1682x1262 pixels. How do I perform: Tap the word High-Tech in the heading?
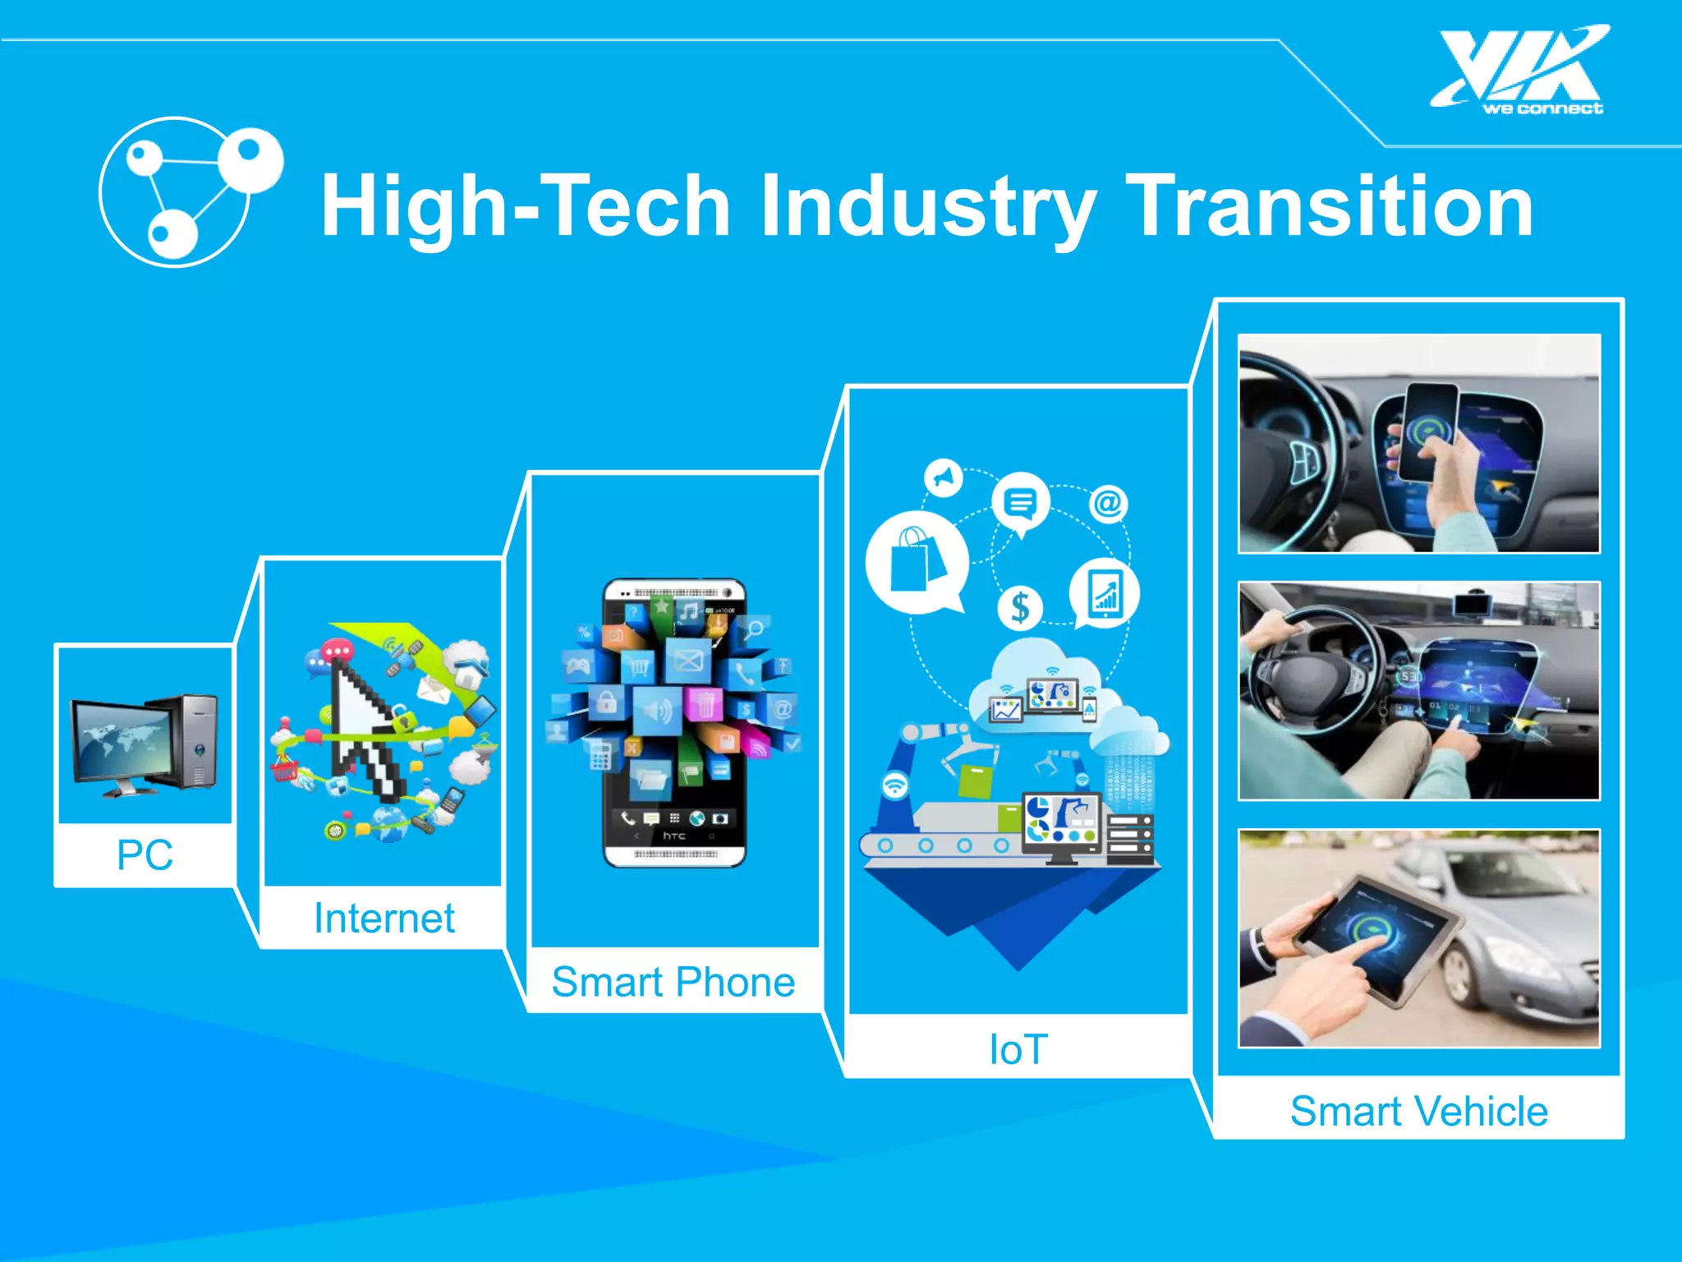[x=526, y=205]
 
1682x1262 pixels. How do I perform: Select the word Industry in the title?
[x=928, y=205]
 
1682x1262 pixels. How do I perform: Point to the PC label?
[x=145, y=855]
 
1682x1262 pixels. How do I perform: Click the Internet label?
[x=384, y=918]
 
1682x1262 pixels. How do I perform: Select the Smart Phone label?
[x=673, y=982]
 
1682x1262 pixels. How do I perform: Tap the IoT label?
[x=1018, y=1049]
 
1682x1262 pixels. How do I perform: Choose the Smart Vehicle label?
[x=1418, y=1112]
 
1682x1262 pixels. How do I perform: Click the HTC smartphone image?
[x=674, y=723]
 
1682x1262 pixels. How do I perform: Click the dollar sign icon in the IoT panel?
[x=1020, y=608]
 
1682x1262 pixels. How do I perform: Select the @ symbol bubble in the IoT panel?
[x=1108, y=503]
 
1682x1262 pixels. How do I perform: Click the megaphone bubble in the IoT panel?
[x=944, y=477]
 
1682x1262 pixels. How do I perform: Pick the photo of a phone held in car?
[x=1418, y=444]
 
